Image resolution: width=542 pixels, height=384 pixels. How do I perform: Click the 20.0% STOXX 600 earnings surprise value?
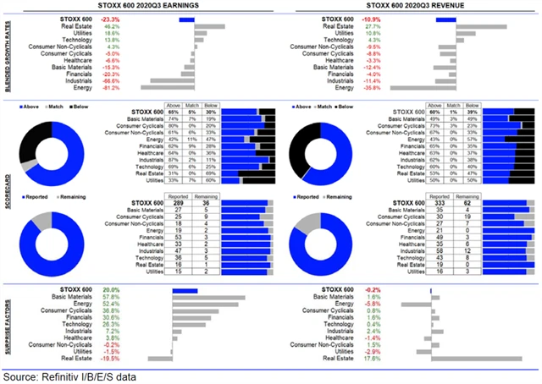click(111, 290)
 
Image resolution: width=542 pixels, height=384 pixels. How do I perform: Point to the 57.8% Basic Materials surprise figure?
click(110, 298)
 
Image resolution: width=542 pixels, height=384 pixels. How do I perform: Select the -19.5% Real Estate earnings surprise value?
click(110, 358)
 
